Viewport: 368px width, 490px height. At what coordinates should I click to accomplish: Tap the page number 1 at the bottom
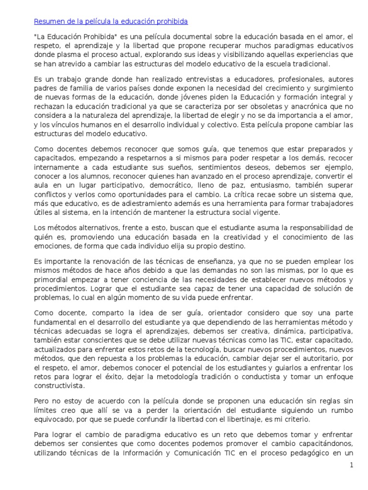(x=351, y=465)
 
